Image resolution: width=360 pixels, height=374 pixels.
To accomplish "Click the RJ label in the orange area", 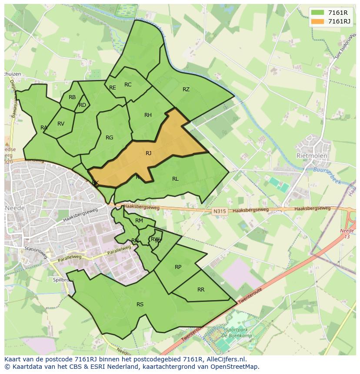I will tap(149, 153).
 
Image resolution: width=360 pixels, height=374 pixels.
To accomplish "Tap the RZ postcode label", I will tap(186, 89).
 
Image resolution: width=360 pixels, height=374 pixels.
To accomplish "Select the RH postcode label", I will tap(148, 115).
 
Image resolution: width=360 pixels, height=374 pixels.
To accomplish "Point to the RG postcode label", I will tap(109, 138).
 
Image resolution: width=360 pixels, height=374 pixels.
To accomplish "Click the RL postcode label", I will tap(175, 179).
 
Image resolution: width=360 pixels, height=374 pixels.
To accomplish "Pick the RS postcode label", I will tap(140, 304).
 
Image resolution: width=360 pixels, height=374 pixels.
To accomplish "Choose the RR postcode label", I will tap(201, 290).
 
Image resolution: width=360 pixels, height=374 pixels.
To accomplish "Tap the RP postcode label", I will tap(178, 267).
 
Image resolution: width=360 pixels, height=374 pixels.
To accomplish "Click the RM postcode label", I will tap(139, 221).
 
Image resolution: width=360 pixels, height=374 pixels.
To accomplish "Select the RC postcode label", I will tap(128, 85).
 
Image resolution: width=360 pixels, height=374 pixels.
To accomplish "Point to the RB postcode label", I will tap(72, 97).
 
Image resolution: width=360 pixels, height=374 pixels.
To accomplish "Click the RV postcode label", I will tap(61, 124).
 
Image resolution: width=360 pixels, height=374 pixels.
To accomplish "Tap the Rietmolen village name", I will tap(312, 156).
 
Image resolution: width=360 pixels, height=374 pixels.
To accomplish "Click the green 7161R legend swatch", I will tap(317, 12).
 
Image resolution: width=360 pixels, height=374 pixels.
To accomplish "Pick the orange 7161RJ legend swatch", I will tap(317, 21).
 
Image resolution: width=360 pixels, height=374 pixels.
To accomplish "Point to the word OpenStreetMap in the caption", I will tap(235, 367).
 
